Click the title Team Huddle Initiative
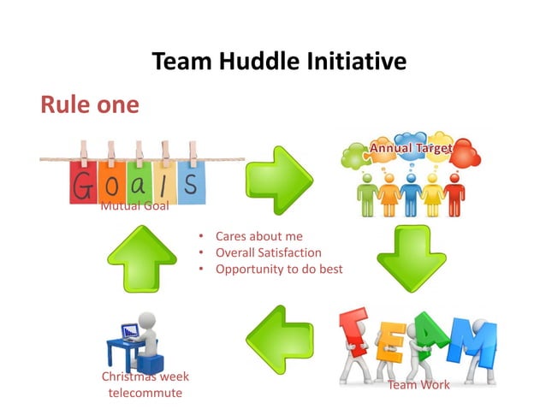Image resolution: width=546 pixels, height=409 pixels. [x=278, y=62]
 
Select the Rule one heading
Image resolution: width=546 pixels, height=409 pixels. [x=89, y=104]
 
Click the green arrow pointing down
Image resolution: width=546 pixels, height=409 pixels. [x=412, y=259]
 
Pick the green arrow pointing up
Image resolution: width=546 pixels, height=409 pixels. [x=141, y=259]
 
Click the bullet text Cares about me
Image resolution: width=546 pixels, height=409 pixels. [x=258, y=236]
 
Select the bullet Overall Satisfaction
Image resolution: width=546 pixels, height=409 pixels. [x=268, y=252]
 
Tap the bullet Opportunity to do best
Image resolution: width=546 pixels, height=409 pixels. [x=278, y=269]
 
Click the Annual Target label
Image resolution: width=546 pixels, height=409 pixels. [x=410, y=149]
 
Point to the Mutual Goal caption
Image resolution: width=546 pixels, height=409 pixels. [x=134, y=206]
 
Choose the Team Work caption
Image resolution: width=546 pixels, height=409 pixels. [x=418, y=384]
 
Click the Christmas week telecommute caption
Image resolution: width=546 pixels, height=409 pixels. [x=145, y=384]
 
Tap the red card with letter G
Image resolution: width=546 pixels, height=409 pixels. [x=83, y=183]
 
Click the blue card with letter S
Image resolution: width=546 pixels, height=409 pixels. [x=191, y=182]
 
